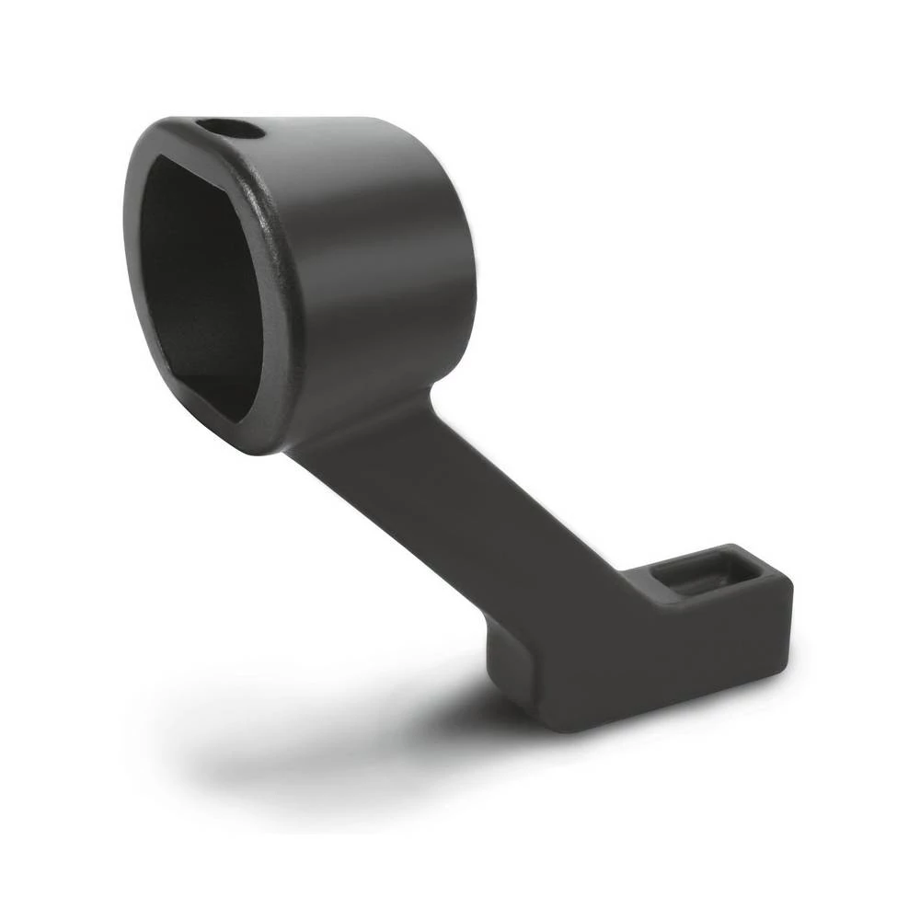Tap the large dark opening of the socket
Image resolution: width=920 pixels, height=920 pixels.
pyautogui.click(x=198, y=276)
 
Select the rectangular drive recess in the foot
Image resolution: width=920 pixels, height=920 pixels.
pyautogui.click(x=703, y=575)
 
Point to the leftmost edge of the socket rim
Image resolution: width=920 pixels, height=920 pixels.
pyautogui.click(x=127, y=221)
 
